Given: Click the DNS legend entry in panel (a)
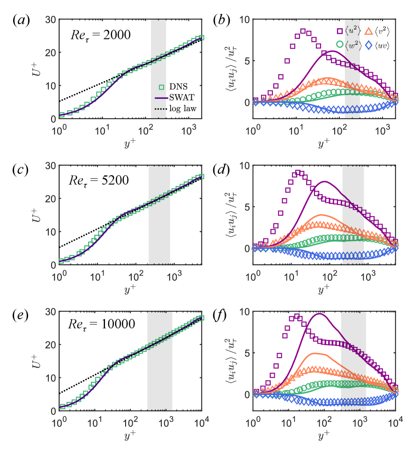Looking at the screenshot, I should pyautogui.click(x=171, y=85).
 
